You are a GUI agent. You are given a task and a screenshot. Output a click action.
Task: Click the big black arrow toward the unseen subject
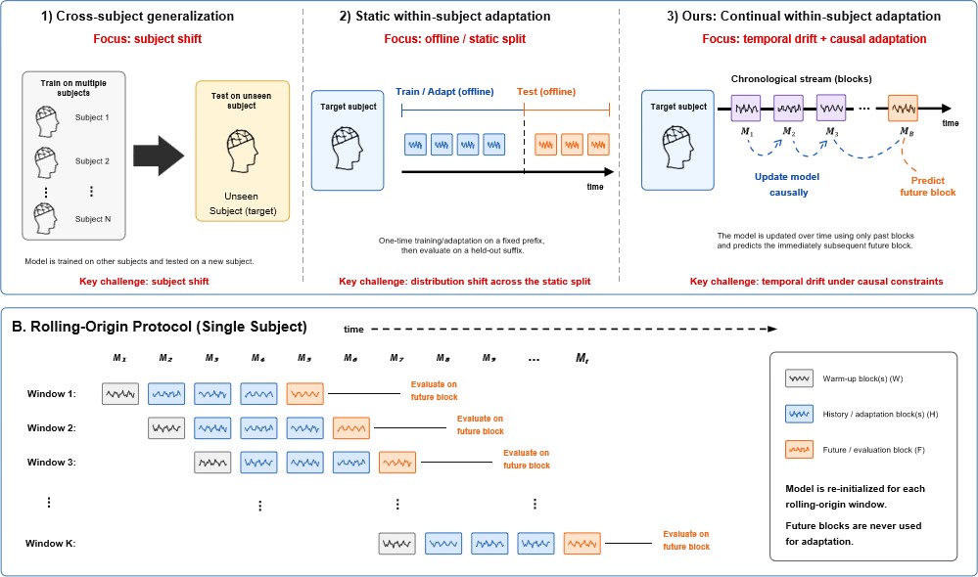[x=159, y=155]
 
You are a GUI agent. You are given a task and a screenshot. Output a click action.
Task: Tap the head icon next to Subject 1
[x=47, y=121]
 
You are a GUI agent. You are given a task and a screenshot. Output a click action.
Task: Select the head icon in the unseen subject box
[x=242, y=151]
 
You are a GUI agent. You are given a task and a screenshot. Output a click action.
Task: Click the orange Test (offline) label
[x=545, y=92]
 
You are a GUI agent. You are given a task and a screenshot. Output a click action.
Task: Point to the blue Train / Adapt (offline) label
[x=444, y=92]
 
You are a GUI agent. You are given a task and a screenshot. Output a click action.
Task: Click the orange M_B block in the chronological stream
[x=903, y=109]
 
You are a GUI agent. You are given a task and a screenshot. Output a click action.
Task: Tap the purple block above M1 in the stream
[x=745, y=109]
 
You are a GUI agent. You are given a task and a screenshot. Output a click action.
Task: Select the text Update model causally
[x=787, y=185]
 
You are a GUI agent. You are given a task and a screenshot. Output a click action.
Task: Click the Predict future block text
[x=927, y=187]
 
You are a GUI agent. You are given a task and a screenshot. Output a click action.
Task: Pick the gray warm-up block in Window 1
[x=120, y=394]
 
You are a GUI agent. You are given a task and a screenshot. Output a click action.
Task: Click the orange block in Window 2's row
[x=351, y=428]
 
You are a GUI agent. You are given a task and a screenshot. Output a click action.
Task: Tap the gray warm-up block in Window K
[x=396, y=544]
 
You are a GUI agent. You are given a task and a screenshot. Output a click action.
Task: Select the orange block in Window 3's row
[x=397, y=463]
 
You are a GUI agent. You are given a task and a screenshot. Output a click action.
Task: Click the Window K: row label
[x=50, y=544]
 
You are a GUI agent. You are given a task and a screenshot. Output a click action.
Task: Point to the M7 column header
[x=396, y=358]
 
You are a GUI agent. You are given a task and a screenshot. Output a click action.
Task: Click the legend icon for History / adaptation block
[x=799, y=414]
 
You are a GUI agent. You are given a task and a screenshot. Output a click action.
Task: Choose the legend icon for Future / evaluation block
[x=799, y=449]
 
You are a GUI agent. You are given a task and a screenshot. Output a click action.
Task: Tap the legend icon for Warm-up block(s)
[x=799, y=378]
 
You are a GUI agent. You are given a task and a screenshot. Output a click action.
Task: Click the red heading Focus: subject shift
[x=147, y=39]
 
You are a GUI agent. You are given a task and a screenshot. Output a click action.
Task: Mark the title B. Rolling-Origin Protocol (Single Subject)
[x=160, y=327]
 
